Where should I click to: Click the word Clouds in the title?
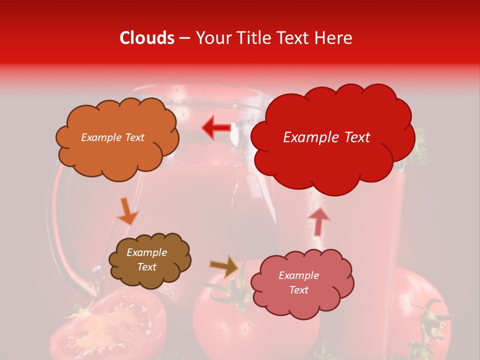(147, 38)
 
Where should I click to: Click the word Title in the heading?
(253, 38)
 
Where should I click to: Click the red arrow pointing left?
(216, 127)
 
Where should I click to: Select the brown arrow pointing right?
(224, 266)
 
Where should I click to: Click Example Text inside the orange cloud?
(112, 137)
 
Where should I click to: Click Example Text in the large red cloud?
(326, 137)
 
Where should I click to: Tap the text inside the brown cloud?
(146, 259)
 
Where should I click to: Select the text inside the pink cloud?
(298, 282)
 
